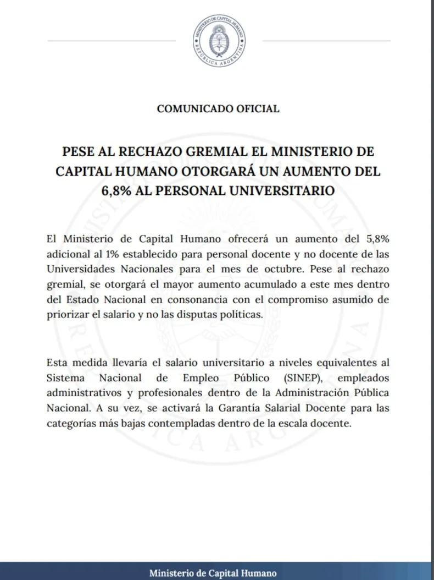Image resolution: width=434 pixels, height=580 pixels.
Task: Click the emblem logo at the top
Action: pyautogui.click(x=219, y=41)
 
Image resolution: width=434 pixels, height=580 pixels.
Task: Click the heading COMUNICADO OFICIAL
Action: pyautogui.click(x=218, y=108)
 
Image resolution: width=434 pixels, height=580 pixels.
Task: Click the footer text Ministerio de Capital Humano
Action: pyautogui.click(x=213, y=573)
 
